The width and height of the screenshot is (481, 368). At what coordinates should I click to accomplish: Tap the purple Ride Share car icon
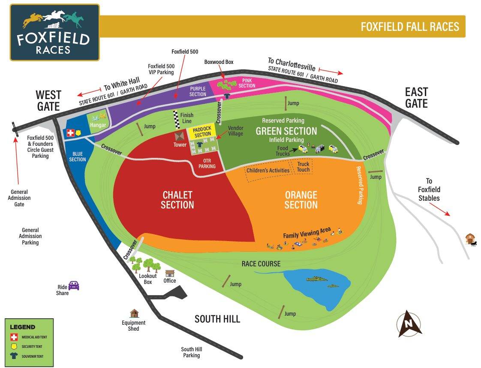pyautogui.click(x=74, y=285)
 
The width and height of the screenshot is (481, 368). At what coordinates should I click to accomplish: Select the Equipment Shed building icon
pyautogui.click(x=135, y=314)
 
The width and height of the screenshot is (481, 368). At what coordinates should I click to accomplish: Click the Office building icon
pyautogui.click(x=170, y=273)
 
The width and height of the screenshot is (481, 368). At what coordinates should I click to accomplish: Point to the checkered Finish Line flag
pyautogui.click(x=175, y=120)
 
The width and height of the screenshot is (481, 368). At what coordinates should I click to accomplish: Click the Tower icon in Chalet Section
pyautogui.click(x=180, y=136)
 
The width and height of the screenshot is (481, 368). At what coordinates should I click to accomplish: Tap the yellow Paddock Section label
pyautogui.click(x=202, y=132)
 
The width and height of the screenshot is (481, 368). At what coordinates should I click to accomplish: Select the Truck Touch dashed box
pyautogui.click(x=303, y=167)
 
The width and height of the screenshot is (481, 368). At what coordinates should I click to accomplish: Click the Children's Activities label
pyautogui.click(x=268, y=170)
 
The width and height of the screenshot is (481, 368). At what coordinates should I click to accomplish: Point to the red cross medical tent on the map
pyautogui.click(x=69, y=133)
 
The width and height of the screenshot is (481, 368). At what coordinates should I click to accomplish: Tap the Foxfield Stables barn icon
pyautogui.click(x=470, y=238)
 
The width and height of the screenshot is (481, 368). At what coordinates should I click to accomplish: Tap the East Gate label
pyautogui.click(x=416, y=97)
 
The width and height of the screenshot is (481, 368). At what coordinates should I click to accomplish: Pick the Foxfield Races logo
pyautogui.click(x=54, y=32)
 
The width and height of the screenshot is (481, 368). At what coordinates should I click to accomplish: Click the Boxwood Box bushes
pyautogui.click(x=226, y=84)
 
